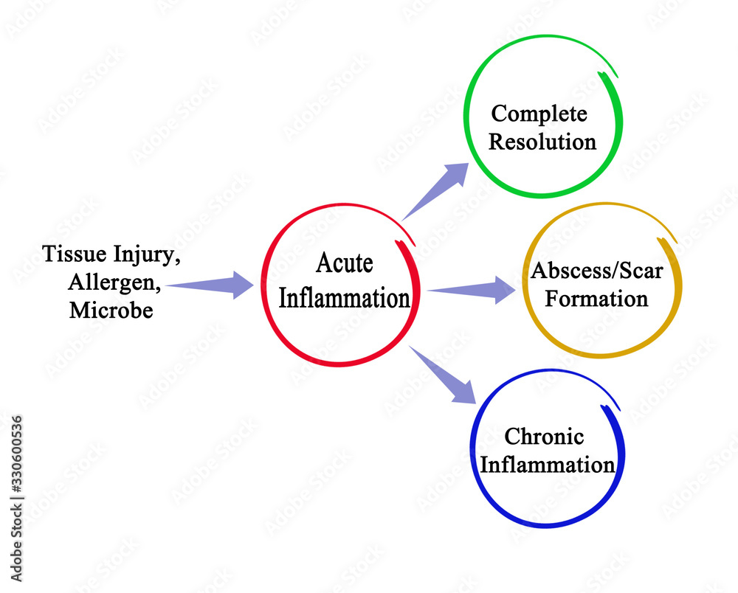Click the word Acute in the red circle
[x=345, y=263]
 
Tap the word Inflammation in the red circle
[x=344, y=298]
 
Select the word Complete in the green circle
[x=539, y=114]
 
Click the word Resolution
[x=542, y=142]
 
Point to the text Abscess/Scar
[x=597, y=271]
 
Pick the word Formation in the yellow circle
[x=596, y=299]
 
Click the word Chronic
[x=544, y=437]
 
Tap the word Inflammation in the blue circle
[x=548, y=465]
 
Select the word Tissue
[x=75, y=254]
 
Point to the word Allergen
[x=114, y=282]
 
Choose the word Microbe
[x=111, y=310]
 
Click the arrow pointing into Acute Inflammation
[x=210, y=285]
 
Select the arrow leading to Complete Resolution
[x=435, y=191]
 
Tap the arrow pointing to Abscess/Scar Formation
[x=471, y=290]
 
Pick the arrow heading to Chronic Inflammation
[x=442, y=375]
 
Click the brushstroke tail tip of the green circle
[x=617, y=77]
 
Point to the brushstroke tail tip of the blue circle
[x=619, y=409]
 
